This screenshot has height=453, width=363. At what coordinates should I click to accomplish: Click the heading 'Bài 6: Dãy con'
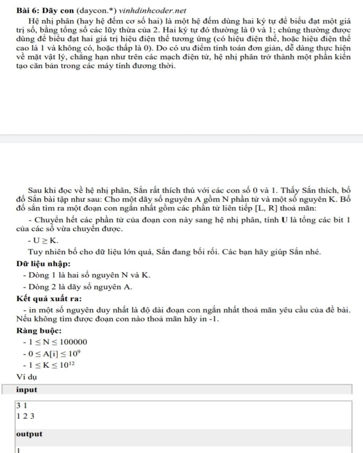pos(45,11)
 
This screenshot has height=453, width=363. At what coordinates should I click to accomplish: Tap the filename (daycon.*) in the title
pos(96,11)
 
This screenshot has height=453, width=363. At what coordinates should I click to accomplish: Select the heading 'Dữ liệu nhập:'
pos(43,264)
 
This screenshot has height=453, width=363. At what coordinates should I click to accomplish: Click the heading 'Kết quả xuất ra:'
pos(49,298)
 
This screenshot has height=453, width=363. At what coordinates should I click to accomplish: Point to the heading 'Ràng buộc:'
pos(39,331)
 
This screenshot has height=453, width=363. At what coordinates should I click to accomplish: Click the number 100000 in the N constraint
pos(73,342)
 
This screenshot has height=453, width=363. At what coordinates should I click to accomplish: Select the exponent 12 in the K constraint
pos(72,363)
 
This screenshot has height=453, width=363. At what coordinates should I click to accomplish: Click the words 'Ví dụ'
pos(27,377)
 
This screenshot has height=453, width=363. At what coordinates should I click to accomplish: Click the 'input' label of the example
pos(27,390)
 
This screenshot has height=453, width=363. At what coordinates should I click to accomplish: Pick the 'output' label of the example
pos(29,434)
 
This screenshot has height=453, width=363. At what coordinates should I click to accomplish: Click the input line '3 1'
pos(22,406)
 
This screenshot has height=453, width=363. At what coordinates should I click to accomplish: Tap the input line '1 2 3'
pos(25,416)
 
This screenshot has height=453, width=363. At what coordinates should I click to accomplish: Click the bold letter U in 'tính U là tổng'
pos(284,220)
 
